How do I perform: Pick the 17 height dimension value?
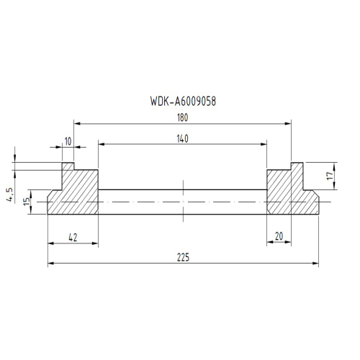[330, 176]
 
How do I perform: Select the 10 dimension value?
[68, 141]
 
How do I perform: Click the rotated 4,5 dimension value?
[9, 194]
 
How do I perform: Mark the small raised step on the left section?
[68, 166]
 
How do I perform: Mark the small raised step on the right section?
[297, 166]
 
